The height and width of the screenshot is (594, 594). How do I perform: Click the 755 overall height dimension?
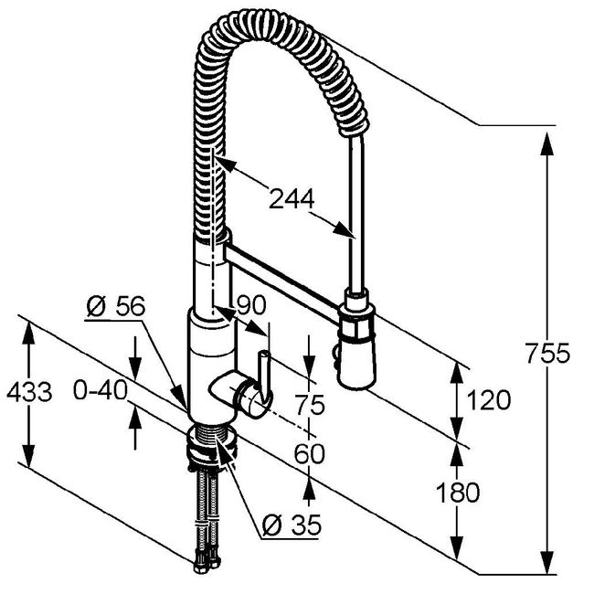[547, 354]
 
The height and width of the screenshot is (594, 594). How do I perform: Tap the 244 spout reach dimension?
[292, 198]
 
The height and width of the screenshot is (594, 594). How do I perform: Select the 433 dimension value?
[29, 391]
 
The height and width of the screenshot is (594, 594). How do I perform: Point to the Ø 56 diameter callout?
[116, 306]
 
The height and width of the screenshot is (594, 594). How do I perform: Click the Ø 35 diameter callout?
[292, 525]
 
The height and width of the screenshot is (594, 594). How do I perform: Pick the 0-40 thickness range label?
[101, 390]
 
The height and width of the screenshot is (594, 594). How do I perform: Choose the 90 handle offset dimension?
[251, 305]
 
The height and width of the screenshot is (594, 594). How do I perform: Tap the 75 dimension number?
[310, 404]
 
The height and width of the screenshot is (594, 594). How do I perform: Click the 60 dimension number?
[310, 454]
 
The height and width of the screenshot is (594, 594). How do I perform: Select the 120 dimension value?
[488, 399]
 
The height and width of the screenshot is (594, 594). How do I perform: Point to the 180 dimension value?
[458, 493]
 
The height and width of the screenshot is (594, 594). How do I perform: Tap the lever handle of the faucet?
[265, 378]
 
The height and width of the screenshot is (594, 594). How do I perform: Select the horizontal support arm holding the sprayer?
[283, 284]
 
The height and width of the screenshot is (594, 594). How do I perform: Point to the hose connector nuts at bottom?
[207, 565]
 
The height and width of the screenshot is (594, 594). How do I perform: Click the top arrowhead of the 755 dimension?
[546, 143]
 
